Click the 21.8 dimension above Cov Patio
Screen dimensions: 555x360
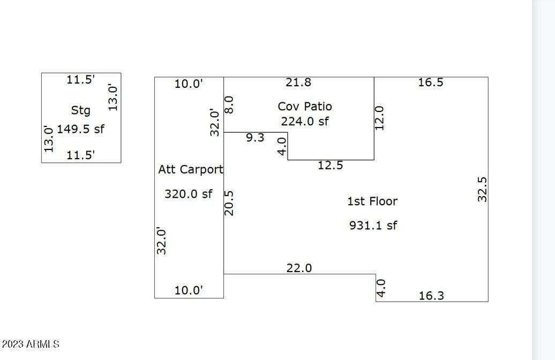(x=298, y=82)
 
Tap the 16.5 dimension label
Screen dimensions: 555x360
(x=430, y=82)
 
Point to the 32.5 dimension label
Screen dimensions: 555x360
(x=482, y=190)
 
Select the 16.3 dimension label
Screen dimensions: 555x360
(x=431, y=296)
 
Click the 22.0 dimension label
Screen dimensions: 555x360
(x=299, y=268)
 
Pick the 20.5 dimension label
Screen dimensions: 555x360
(x=229, y=203)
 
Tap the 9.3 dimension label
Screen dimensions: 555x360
(x=255, y=137)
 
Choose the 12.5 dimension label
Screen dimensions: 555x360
(x=330, y=166)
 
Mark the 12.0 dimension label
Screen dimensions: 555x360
(x=379, y=118)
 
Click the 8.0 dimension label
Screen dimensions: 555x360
(x=229, y=105)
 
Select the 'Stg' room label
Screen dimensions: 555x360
(x=81, y=110)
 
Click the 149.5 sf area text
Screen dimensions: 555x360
(x=81, y=129)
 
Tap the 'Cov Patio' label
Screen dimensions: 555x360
(x=305, y=106)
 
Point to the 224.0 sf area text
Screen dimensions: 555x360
(x=305, y=121)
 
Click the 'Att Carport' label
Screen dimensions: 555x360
(x=190, y=170)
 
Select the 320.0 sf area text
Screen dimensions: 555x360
(x=189, y=193)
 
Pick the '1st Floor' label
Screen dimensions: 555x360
(x=372, y=201)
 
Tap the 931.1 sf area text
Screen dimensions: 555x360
(x=373, y=225)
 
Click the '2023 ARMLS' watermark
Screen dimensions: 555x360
(x=31, y=344)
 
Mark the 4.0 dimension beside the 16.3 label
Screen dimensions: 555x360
(x=380, y=288)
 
